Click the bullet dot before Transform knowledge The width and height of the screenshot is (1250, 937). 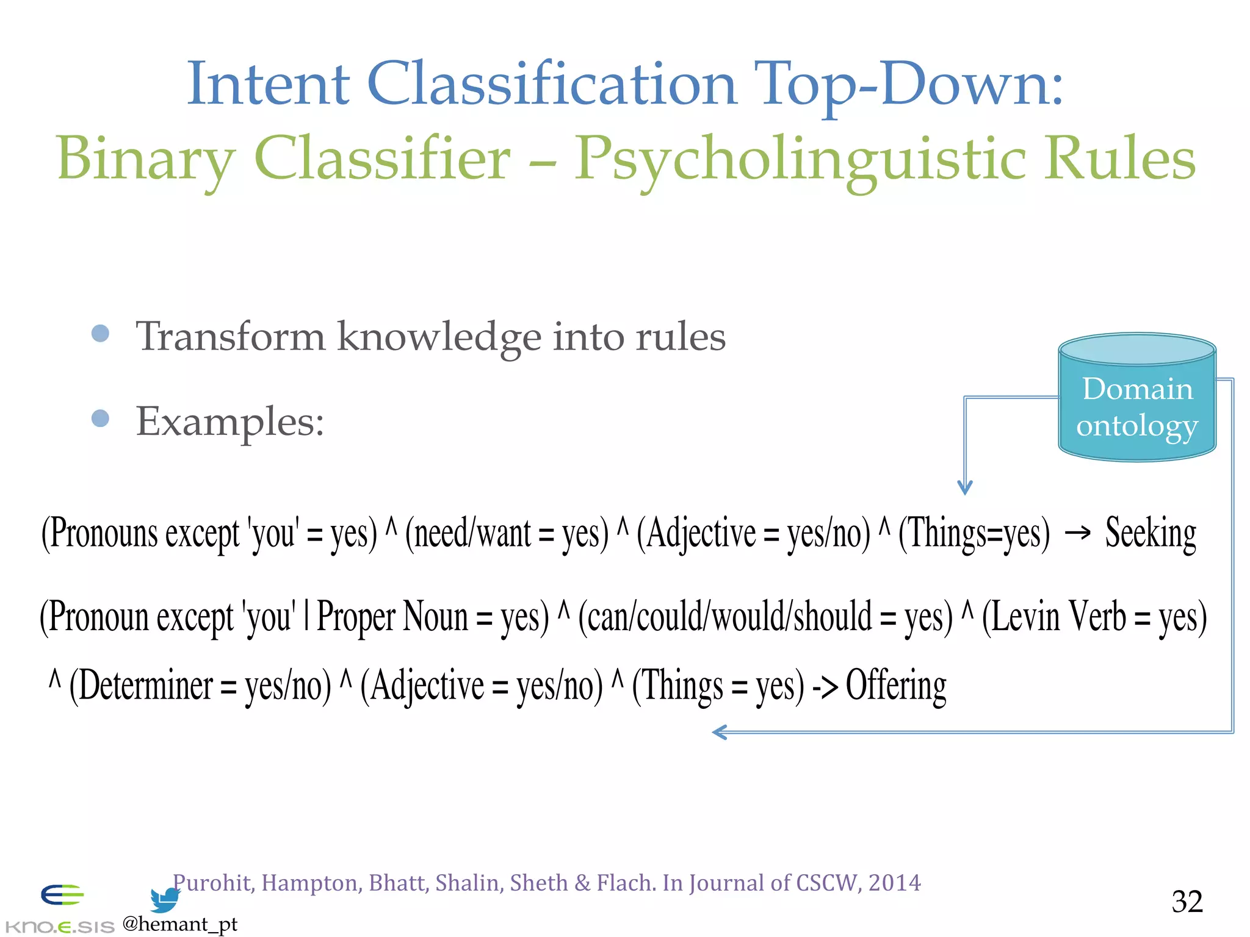pyautogui.click(x=100, y=334)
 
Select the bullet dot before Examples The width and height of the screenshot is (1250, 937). pyautogui.click(x=100, y=418)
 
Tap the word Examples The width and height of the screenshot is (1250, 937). pyautogui.click(x=229, y=422)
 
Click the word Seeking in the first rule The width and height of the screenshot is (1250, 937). pyautogui.click(x=1151, y=533)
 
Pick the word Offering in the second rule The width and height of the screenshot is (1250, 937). pyautogui.click(x=896, y=686)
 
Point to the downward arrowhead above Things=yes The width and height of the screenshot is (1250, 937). pyautogui.click(x=964, y=487)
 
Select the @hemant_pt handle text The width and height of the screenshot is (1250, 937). pyautogui.click(x=180, y=924)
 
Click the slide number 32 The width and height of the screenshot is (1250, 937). pyautogui.click(x=1187, y=901)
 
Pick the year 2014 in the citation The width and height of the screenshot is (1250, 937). pyautogui.click(x=894, y=883)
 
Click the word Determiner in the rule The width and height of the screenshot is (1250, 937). pyautogui.click(x=145, y=686)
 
